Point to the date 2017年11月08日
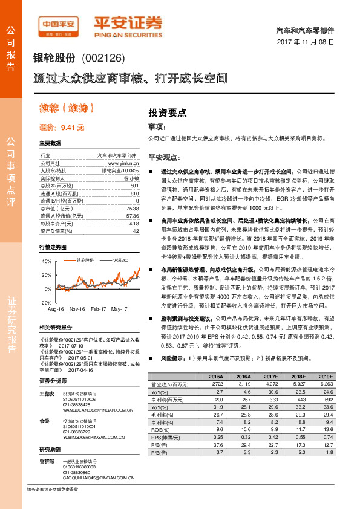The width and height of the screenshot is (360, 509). (306, 43)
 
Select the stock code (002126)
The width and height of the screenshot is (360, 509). (102, 59)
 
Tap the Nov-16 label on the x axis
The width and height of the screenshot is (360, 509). (76, 308)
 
